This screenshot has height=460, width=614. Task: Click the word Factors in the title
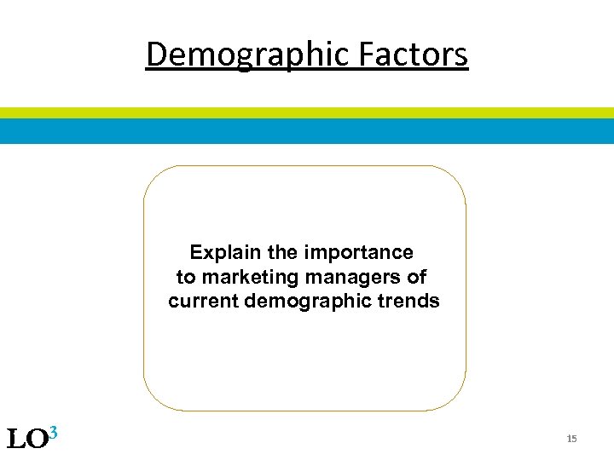click(x=412, y=55)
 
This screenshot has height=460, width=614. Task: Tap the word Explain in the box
click(x=215, y=253)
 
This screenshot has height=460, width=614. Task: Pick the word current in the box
click(x=204, y=301)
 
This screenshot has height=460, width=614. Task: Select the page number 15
click(x=571, y=439)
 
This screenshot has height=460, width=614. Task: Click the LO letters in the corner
click(x=26, y=440)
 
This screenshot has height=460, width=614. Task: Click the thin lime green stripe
click(x=307, y=112)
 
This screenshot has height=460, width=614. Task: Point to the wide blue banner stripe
click(x=307, y=130)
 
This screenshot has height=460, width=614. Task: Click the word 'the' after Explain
click(x=282, y=253)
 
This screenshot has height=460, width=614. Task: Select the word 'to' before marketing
click(x=185, y=277)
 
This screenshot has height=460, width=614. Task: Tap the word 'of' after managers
click(x=417, y=277)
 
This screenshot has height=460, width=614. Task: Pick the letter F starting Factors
click(x=366, y=55)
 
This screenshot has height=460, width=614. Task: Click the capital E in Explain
click(x=196, y=253)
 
